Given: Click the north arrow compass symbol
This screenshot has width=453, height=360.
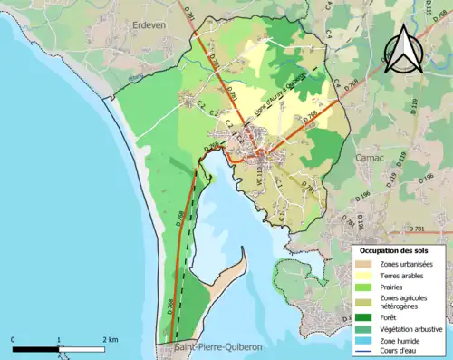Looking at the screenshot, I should coord(403,49).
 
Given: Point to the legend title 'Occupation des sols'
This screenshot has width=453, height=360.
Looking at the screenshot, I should coord(400,249).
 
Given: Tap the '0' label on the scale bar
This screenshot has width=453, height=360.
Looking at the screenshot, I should coord(13,339).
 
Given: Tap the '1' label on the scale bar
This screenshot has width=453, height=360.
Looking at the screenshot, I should coord(59,339).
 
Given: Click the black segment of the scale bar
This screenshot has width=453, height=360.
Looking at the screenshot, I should coord(36,349).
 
